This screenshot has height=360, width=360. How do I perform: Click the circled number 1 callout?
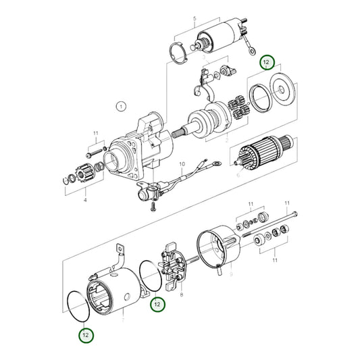[120, 106]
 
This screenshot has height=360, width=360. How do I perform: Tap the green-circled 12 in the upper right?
[268, 63]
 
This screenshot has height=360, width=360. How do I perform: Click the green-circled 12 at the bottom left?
[84, 334]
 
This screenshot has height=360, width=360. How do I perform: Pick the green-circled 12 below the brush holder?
[156, 305]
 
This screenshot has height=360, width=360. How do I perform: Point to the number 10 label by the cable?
[181, 163]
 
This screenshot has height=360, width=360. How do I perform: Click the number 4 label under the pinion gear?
[84, 201]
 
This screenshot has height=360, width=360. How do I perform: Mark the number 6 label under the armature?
[237, 174]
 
